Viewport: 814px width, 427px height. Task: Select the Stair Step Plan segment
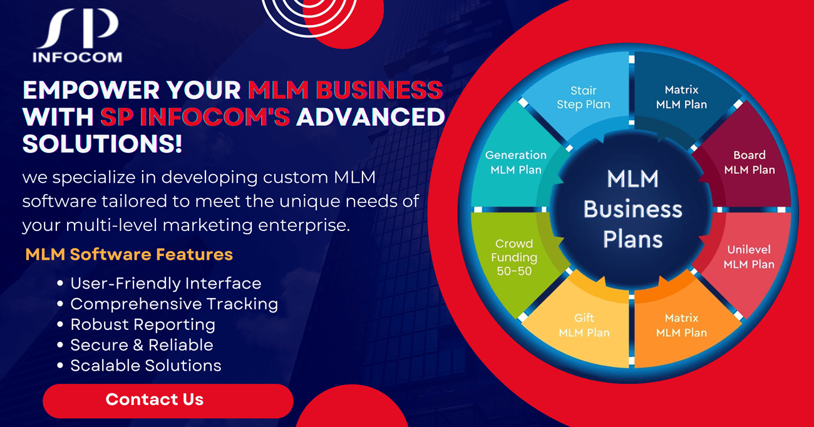tap(583, 98)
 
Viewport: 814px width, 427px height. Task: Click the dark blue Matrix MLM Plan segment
tap(681, 98)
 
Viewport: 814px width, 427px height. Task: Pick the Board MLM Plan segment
tap(749, 162)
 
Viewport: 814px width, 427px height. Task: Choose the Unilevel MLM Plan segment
tap(749, 257)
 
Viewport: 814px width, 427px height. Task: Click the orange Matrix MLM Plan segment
tap(681, 326)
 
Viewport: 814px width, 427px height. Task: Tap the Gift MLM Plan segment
tap(584, 326)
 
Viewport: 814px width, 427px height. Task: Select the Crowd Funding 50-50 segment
tap(514, 257)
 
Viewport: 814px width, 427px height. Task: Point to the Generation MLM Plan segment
tap(516, 162)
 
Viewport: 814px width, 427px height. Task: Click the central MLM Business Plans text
tap(632, 209)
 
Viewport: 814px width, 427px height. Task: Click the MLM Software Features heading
tap(129, 254)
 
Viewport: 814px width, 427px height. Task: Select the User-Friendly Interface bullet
tap(165, 283)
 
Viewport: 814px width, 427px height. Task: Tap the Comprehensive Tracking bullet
tap(174, 304)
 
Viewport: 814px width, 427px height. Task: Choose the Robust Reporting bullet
tap(143, 324)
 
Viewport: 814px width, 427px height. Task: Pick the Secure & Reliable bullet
tap(142, 345)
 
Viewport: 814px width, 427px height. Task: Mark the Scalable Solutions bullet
tap(146, 366)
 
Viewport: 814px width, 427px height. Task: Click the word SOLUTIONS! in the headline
tap(103, 144)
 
